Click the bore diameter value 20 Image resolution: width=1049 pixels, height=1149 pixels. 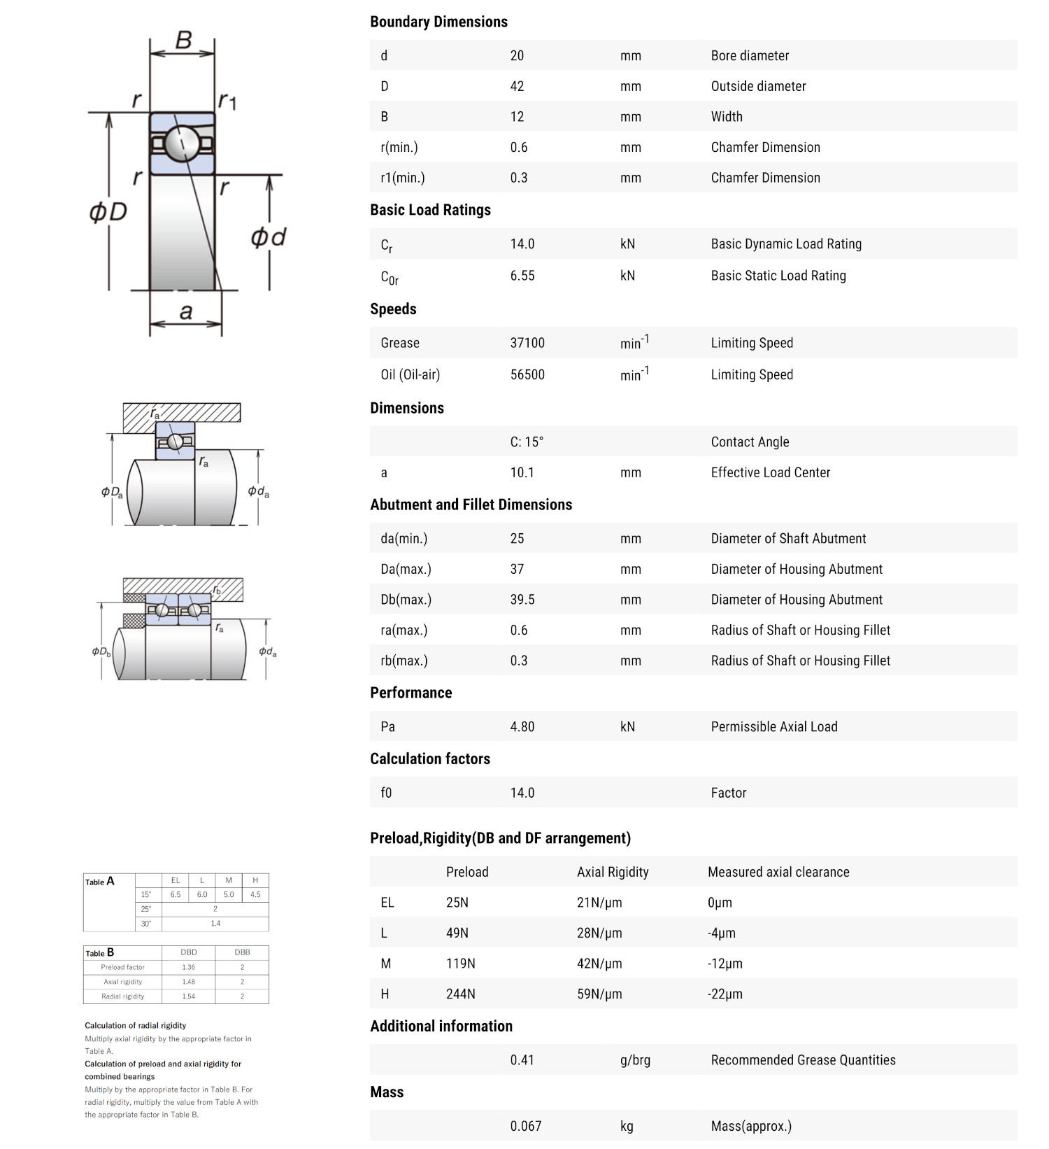[517, 56]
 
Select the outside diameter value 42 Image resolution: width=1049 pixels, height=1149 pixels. [517, 87]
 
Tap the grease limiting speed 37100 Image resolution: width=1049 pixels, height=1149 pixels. [527, 343]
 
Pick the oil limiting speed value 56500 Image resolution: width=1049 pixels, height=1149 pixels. [527, 375]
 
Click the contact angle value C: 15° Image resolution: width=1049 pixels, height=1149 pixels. [527, 442]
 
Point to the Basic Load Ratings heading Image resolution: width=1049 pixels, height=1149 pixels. [430, 210]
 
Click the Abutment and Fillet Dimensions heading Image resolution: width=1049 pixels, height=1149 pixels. [471, 505]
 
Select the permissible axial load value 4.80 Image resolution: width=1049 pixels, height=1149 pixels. [522, 727]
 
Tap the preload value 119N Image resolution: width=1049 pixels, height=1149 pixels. [461, 964]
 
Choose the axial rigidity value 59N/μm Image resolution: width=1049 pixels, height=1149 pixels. [599, 994]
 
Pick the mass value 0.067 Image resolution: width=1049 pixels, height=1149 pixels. [526, 1126]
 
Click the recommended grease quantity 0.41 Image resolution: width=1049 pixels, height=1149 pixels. [522, 1060]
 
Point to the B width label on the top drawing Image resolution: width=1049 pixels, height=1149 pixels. [183, 40]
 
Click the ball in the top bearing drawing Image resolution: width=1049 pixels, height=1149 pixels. [181, 143]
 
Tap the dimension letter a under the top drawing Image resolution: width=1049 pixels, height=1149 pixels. [186, 311]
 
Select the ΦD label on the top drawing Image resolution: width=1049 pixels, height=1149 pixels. [108, 211]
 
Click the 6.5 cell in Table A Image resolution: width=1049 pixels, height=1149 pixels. [176, 895]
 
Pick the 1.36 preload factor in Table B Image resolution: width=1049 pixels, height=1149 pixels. [189, 967]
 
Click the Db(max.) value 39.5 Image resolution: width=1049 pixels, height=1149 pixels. [522, 600]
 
